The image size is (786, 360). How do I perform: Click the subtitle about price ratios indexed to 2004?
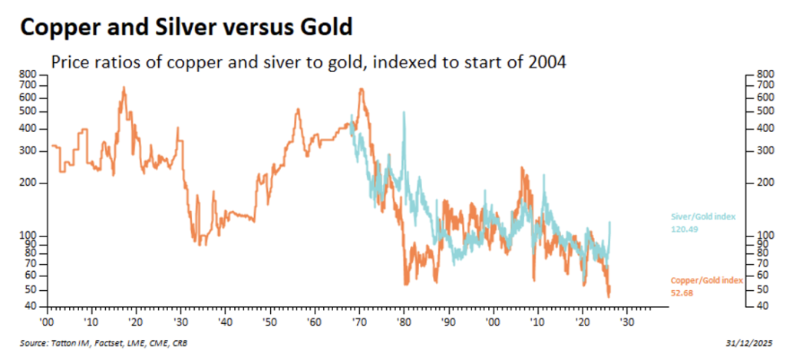point(308,63)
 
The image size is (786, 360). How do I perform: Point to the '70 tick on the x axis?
point(360,321)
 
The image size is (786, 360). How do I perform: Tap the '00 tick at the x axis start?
point(46,321)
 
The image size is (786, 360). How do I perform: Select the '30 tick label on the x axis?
point(181,321)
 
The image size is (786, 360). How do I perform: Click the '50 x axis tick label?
point(270,321)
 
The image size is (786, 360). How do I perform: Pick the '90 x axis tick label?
point(448,321)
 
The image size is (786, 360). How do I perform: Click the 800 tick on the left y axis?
point(28,74)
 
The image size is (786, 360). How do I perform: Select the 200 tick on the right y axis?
point(763,183)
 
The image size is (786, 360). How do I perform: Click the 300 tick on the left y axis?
point(28,151)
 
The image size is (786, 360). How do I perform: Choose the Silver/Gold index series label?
point(702,217)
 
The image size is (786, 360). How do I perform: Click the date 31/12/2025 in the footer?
point(749,342)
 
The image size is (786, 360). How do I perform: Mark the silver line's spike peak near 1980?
point(404,113)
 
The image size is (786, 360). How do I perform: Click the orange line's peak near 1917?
point(123,88)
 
